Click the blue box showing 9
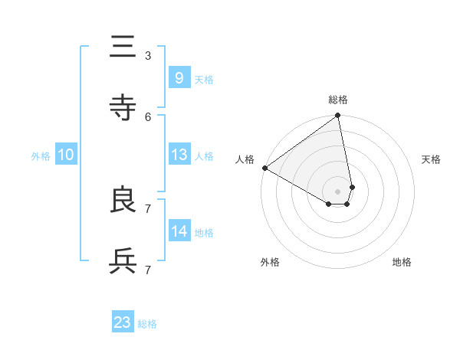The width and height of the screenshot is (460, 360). tap(179, 77)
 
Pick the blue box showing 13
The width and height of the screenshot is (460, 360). tap(179, 155)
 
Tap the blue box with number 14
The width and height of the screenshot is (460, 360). tap(179, 231)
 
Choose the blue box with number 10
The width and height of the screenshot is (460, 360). tap(66, 155)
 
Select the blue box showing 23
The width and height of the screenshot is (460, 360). tap(123, 322)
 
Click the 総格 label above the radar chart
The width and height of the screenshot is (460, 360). tap(338, 100)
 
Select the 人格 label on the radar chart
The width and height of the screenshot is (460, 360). tap(245, 159)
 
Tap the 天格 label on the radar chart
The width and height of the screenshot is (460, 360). tap(431, 159)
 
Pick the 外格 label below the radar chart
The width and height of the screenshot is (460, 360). tap(270, 262)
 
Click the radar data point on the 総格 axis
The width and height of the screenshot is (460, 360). tap(338, 116)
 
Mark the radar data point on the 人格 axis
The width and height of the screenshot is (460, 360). tap(264, 168)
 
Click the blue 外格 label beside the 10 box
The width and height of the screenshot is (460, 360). tap(41, 155)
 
